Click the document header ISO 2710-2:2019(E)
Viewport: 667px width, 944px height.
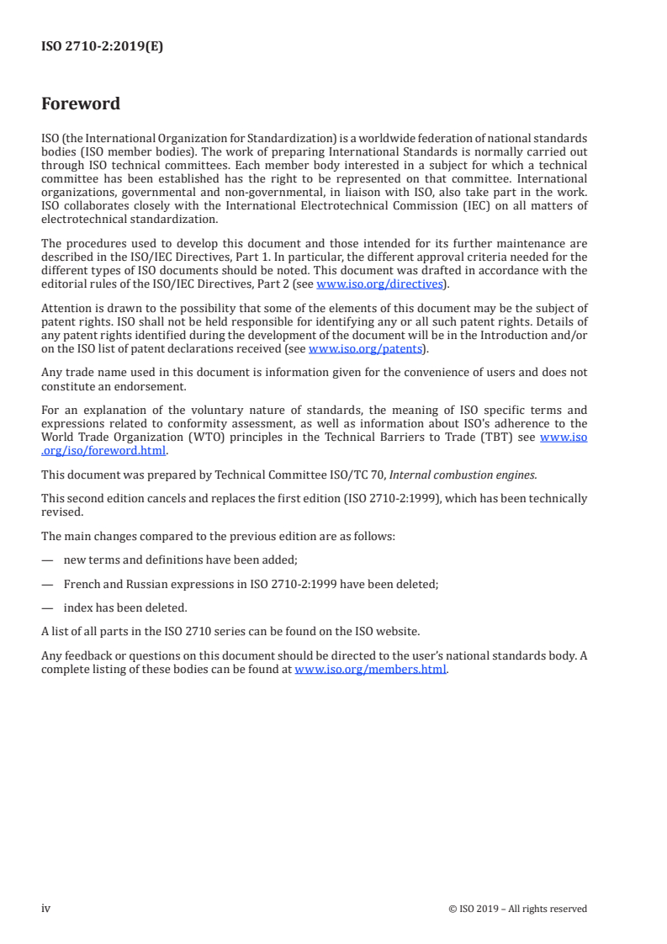tap(102, 47)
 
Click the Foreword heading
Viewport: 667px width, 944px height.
tap(81, 104)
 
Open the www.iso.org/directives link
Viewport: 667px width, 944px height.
tap(379, 284)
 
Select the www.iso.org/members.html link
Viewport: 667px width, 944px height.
tap(371, 670)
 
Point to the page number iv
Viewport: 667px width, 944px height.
tap(46, 908)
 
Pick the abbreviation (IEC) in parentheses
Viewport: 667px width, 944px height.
tap(495, 206)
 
